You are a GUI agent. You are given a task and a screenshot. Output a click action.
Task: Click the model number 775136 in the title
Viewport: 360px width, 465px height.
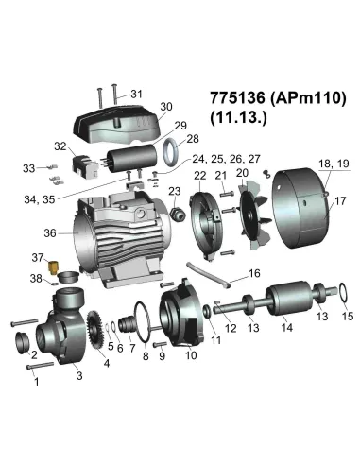(232, 98)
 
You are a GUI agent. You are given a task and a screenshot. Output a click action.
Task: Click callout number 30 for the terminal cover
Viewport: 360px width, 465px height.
(166, 106)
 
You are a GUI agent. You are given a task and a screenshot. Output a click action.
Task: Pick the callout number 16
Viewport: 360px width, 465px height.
(253, 273)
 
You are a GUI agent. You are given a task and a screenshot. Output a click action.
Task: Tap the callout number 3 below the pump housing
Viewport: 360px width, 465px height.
(78, 376)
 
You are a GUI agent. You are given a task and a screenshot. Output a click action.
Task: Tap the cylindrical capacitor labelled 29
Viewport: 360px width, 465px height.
(132, 156)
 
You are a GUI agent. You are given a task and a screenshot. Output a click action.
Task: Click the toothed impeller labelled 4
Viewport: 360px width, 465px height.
(94, 330)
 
